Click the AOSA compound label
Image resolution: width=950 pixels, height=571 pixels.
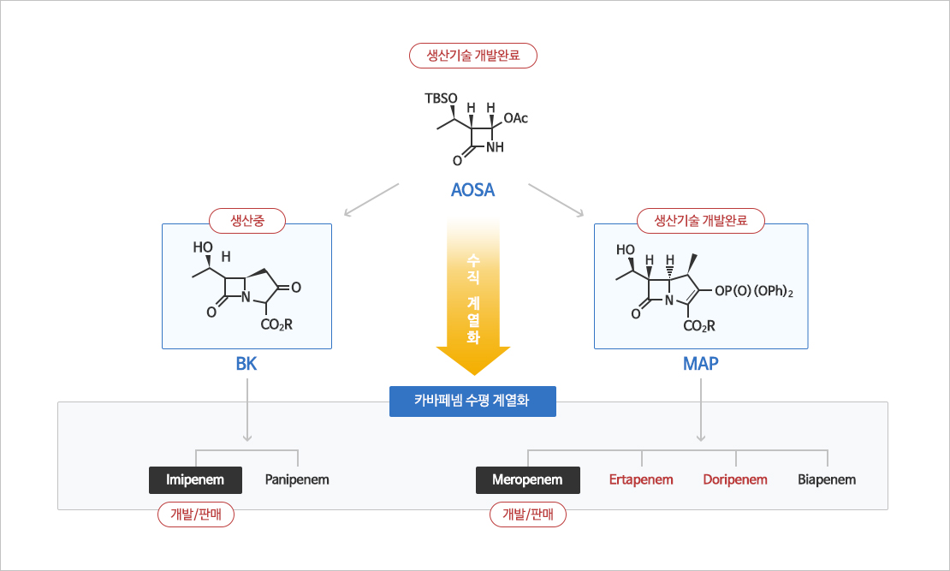point(472,190)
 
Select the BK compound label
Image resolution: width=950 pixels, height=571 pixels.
point(246,364)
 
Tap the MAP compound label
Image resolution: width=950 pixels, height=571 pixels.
point(700,364)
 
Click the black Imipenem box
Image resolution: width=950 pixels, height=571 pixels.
point(195,479)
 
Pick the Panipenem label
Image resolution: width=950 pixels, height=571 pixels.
point(297,479)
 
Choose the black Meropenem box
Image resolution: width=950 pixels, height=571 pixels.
point(527,479)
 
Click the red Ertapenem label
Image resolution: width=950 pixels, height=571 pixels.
point(641,479)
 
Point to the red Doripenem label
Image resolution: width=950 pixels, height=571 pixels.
point(735,479)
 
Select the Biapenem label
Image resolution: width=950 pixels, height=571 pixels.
point(827,479)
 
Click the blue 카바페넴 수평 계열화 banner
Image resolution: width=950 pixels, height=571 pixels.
point(472,401)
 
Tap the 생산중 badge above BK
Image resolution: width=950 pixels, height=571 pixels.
point(247,221)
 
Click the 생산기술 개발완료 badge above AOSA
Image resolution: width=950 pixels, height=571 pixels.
point(473,57)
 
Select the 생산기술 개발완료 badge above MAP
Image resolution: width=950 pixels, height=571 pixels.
point(701,221)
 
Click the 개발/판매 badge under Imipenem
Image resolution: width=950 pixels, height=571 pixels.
point(195,514)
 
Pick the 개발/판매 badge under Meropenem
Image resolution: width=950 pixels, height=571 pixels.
point(527,514)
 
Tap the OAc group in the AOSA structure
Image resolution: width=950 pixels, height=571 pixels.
point(516,118)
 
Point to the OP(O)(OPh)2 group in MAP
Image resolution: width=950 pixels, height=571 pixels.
point(754,293)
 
